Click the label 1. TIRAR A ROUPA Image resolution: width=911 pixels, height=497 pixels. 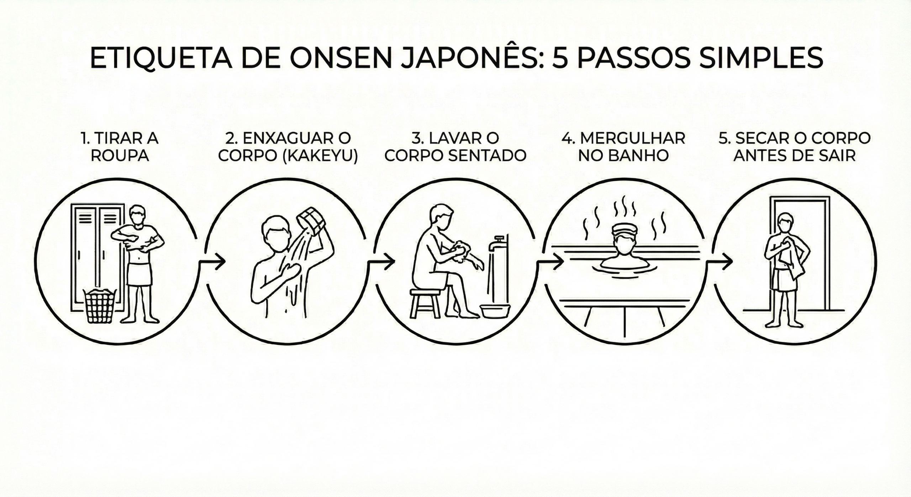pyautogui.click(x=120, y=147)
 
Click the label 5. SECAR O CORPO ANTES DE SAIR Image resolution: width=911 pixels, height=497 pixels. pyautogui.click(x=795, y=147)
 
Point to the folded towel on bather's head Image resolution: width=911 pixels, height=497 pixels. pyautogui.click(x=624, y=229)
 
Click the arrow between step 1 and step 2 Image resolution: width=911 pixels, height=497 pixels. pyautogui.click(x=212, y=262)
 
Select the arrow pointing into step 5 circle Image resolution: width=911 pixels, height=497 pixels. pyautogui.click(x=719, y=262)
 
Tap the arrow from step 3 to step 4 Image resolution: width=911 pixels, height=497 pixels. pyautogui.click(x=550, y=262)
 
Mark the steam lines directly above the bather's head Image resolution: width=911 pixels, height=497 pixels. pyautogui.click(x=625, y=207)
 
